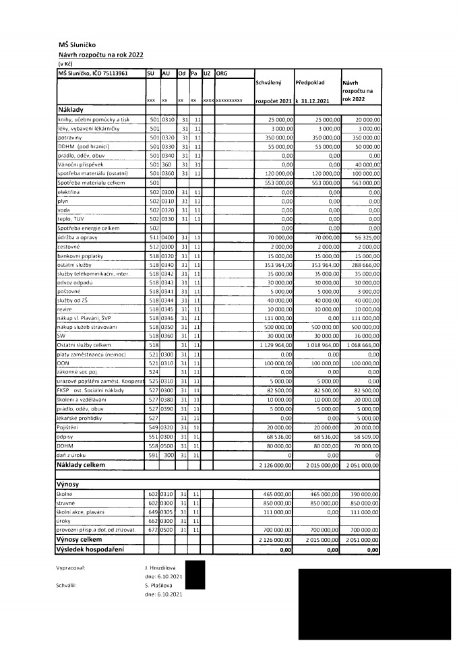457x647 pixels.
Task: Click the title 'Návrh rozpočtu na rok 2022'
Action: click(x=100, y=55)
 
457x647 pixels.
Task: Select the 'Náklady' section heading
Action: click(x=71, y=109)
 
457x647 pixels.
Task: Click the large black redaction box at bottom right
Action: click(x=374, y=604)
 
